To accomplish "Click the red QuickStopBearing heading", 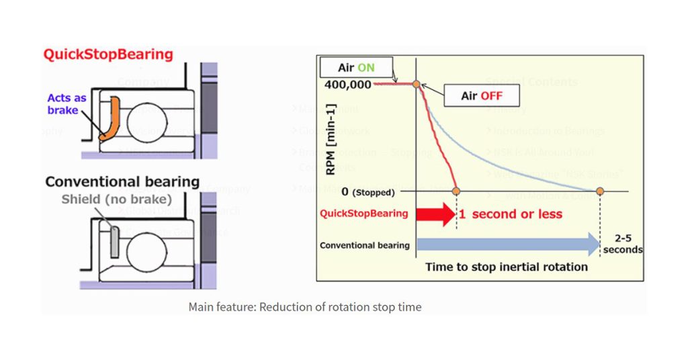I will (108, 54).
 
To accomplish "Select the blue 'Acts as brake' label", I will (67, 104).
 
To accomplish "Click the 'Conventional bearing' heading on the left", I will (122, 181).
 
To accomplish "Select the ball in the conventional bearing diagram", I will (146, 246).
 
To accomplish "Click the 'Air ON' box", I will (357, 68).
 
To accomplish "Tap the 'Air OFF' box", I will (481, 96).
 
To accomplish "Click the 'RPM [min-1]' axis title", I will (331, 138).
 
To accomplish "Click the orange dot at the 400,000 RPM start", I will (417, 84).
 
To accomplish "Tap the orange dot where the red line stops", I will (456, 192).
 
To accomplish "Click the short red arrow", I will (435, 214).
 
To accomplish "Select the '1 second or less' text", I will (510, 214).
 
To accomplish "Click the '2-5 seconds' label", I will (622, 244).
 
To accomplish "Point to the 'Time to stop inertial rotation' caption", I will (506, 267).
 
